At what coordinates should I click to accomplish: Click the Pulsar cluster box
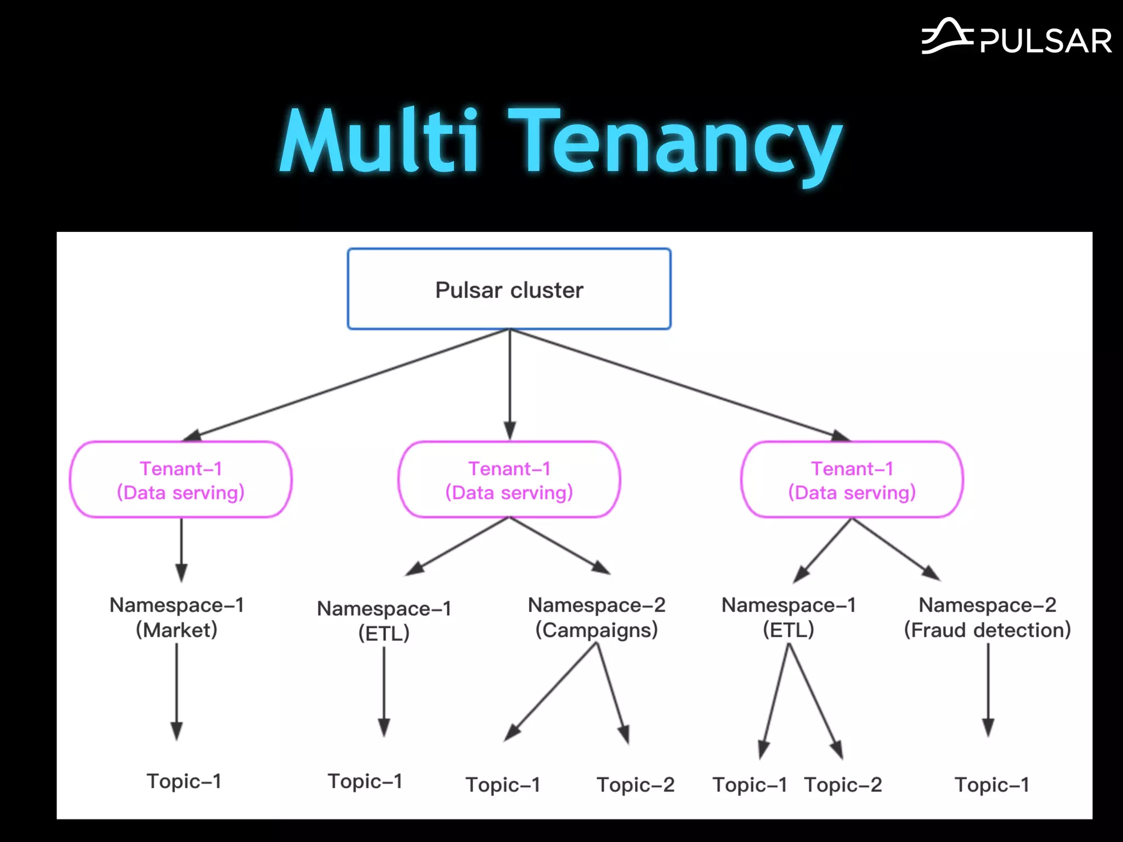[509, 289]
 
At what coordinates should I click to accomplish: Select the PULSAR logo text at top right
[1045, 41]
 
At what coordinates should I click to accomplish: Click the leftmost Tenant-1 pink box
[180, 480]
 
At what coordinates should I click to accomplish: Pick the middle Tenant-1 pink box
[509, 480]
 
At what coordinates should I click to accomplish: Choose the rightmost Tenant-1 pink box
[852, 480]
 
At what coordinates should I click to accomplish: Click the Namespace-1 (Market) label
[177, 617]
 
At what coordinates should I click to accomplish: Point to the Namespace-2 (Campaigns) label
[597, 617]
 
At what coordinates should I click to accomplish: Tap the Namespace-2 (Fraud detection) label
[987, 617]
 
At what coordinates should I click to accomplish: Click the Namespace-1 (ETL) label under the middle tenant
[384, 621]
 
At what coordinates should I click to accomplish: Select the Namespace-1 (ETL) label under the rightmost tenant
[789, 617]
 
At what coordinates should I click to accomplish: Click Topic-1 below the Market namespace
[184, 781]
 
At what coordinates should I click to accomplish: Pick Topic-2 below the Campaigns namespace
[635, 784]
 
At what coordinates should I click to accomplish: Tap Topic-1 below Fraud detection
[991, 784]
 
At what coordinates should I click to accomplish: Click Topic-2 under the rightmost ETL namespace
[843, 784]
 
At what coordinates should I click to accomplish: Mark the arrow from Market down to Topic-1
[177, 691]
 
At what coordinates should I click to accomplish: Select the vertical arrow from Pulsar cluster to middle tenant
[510, 384]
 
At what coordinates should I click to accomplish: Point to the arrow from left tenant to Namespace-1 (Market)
[182, 548]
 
